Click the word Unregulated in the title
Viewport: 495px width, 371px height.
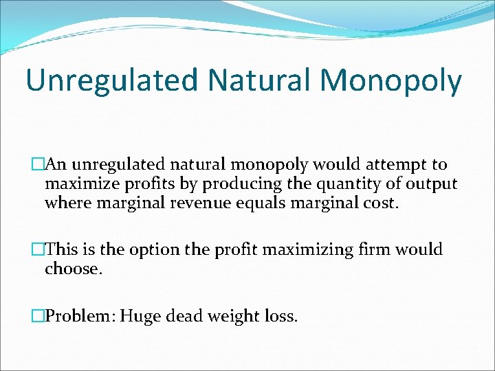pyautogui.click(x=112, y=80)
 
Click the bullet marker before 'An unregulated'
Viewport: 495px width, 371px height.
pyautogui.click(x=38, y=165)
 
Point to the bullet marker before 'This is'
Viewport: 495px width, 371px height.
pyautogui.click(x=38, y=250)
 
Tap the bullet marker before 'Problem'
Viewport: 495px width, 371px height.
pyautogui.click(x=38, y=316)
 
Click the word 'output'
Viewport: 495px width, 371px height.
pyautogui.click(x=432, y=185)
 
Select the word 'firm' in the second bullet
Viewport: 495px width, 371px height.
pyautogui.click(x=367, y=250)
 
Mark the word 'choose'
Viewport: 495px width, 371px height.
pyautogui.click(x=72, y=269)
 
